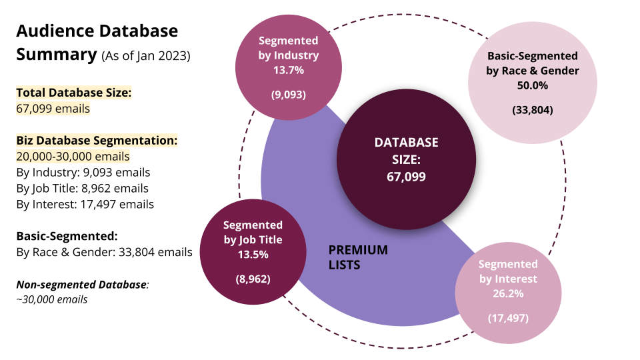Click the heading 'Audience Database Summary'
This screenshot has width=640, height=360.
[x=97, y=43]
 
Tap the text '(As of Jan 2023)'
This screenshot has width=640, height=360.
[x=146, y=55]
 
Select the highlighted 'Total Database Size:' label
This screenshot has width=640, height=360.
[x=74, y=93]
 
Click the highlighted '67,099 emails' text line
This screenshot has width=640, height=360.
[x=53, y=109]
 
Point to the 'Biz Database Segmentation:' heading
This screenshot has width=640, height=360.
[x=97, y=141]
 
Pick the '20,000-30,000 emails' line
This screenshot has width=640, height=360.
[x=73, y=156]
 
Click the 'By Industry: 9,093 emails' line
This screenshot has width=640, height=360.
[x=83, y=172]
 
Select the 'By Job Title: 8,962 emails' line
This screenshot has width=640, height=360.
[x=83, y=188]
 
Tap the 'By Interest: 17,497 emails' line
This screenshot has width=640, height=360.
[x=85, y=204]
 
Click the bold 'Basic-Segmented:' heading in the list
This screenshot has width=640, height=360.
[x=67, y=236]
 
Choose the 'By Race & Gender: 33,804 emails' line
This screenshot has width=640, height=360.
[x=104, y=252]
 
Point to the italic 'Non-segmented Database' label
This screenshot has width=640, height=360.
[x=81, y=284]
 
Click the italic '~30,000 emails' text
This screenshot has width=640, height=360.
[x=52, y=299]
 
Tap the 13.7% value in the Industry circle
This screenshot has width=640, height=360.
[x=289, y=70]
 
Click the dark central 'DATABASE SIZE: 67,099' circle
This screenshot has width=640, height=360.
[x=406, y=159]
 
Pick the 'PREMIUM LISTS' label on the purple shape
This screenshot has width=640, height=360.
[x=359, y=257]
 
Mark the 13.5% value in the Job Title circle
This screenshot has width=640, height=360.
[x=253, y=255]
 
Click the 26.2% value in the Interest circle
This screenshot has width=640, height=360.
[x=508, y=294]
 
